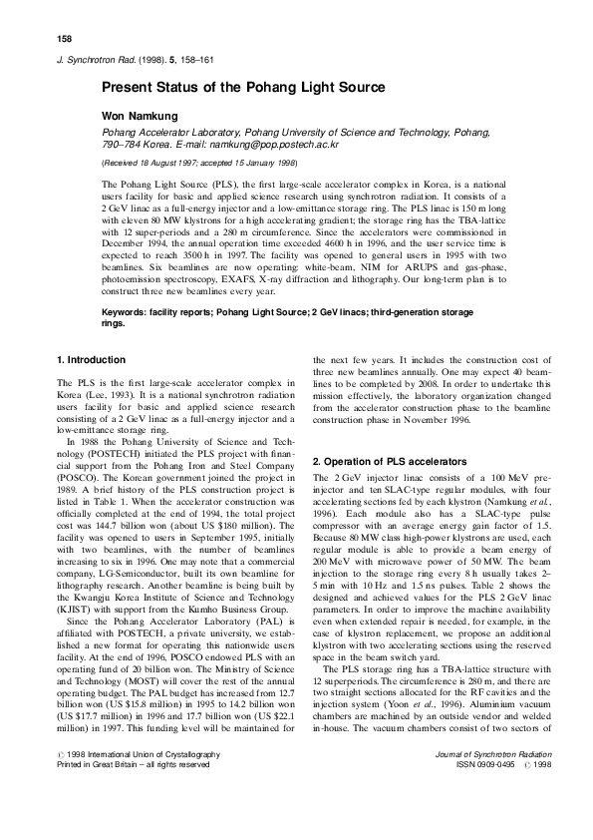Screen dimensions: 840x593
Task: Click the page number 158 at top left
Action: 65,39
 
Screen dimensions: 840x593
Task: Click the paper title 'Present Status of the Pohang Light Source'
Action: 243,88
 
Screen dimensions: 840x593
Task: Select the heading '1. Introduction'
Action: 92,359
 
